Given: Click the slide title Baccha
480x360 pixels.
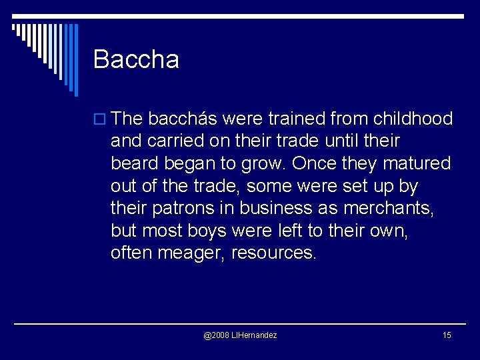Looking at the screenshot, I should pyautogui.click(x=136, y=59).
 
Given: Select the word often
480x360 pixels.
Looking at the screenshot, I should pyautogui.click(x=132, y=253).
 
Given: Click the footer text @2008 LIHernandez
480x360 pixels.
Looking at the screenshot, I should pyautogui.click(x=240, y=335).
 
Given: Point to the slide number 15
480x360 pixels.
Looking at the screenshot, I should pyautogui.click(x=447, y=335).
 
